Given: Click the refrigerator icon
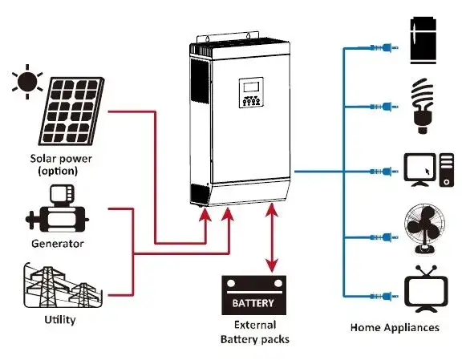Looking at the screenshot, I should point(422,40).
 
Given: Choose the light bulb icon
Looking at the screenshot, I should point(422,104).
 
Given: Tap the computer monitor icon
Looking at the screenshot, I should point(422,169).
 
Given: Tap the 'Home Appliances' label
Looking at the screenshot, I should point(394,327).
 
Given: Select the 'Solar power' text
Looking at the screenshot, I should point(60,158).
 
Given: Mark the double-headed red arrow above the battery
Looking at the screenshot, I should point(274,241).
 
